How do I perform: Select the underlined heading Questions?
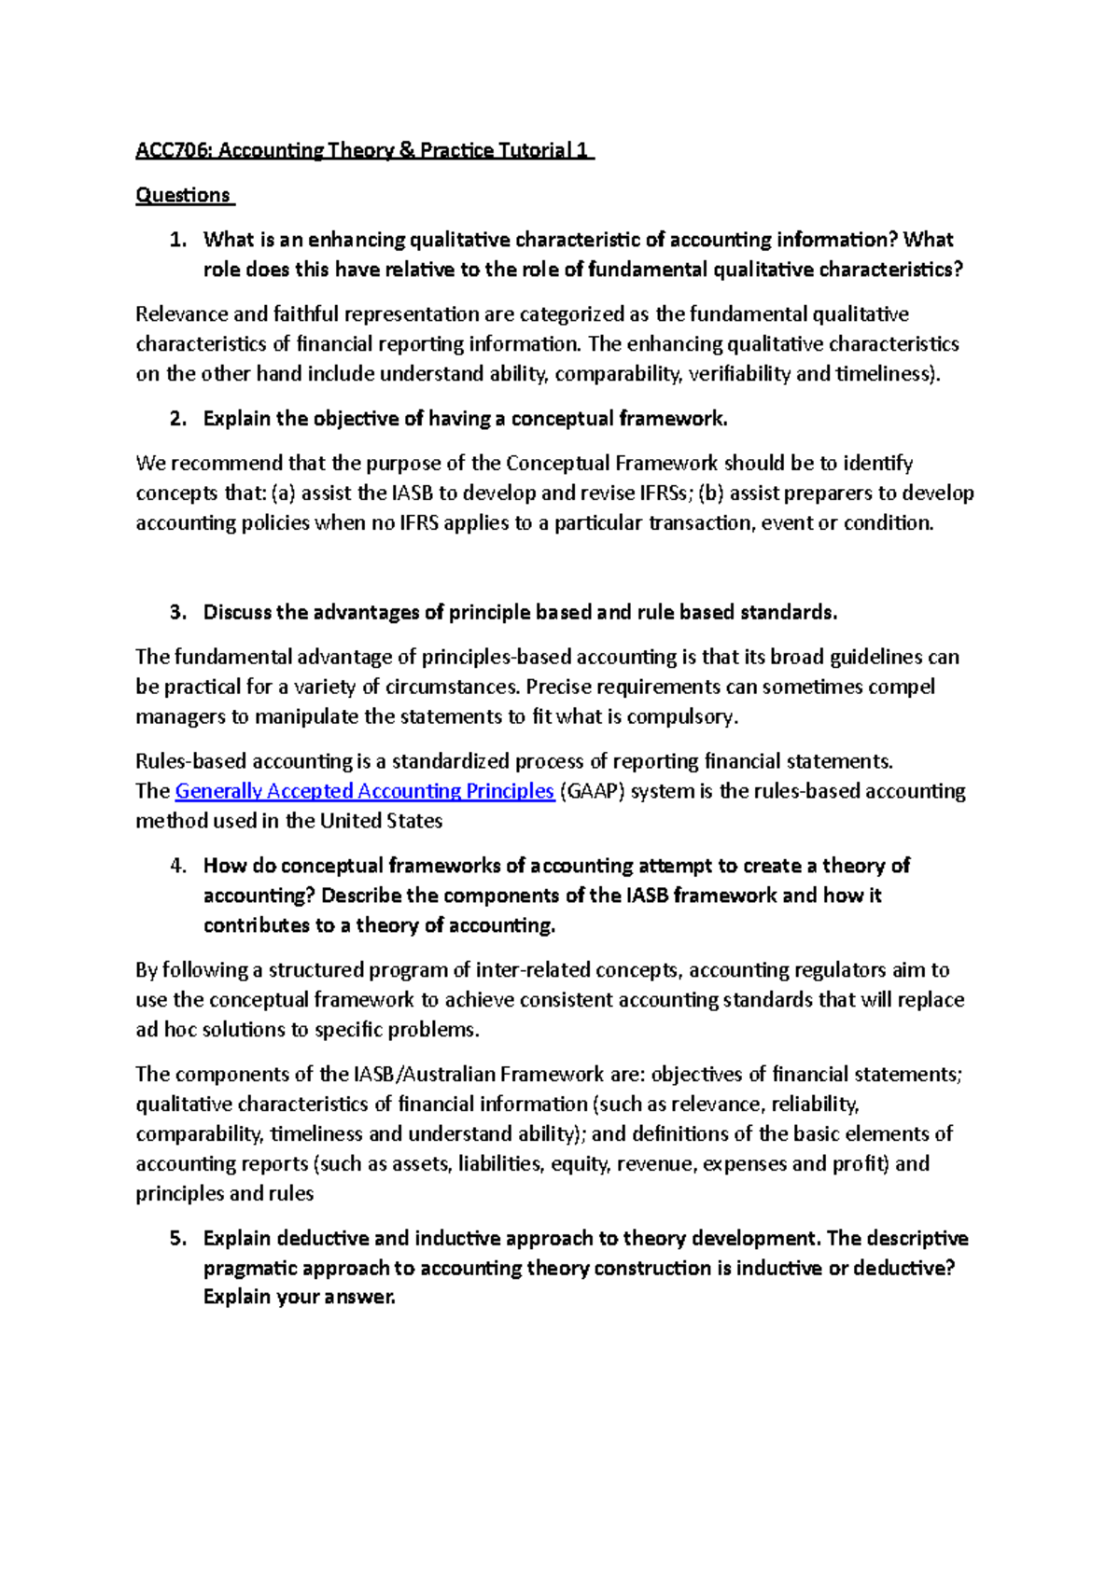click(183, 195)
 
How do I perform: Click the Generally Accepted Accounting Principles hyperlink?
click(365, 791)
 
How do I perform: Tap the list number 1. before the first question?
click(177, 240)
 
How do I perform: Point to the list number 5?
click(178, 1238)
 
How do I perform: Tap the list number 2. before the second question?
click(177, 419)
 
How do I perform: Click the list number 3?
click(177, 612)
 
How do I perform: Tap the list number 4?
click(178, 866)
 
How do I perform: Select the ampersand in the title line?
click(406, 150)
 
